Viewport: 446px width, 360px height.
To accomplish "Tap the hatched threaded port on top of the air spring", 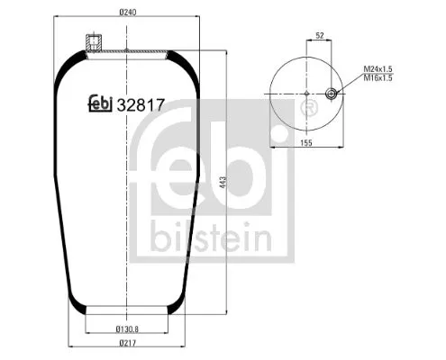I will point(91,42).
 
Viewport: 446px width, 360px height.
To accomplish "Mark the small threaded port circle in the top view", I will point(332,94).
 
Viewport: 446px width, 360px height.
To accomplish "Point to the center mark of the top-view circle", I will point(308,94).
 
